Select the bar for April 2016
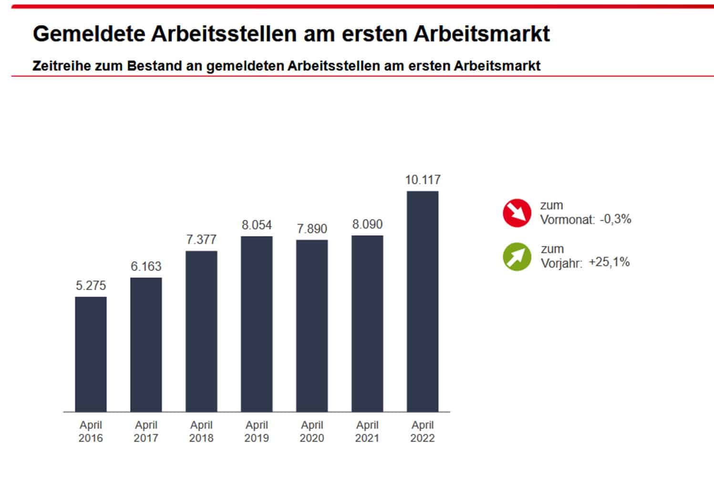coord(91,354)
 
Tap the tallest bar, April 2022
coord(423,301)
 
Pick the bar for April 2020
coord(312,325)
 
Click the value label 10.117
coord(423,180)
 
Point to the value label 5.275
coord(91,286)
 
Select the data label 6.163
coord(146,266)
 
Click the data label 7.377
coord(201,239)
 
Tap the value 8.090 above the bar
coord(367,224)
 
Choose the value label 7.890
coord(312,229)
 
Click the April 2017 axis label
coord(146,431)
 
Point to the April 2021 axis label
coord(367,431)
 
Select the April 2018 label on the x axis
coord(201,431)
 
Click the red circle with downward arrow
coord(517,213)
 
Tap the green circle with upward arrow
coord(517,257)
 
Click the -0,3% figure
coord(615,219)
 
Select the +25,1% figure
coord(609,262)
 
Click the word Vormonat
coord(567,220)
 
